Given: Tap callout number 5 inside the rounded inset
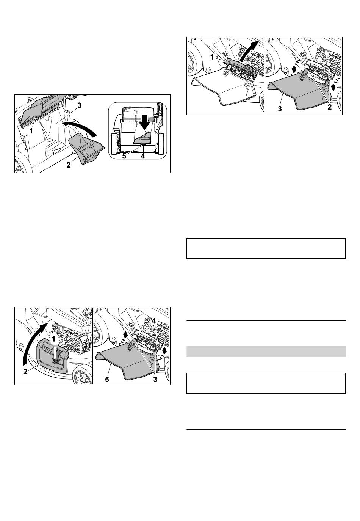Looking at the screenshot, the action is coord(124,156).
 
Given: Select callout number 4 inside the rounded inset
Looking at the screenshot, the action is coord(143,156).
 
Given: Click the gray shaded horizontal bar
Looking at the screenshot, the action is coord(266,352).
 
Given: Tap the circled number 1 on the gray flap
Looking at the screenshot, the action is coord(54,339).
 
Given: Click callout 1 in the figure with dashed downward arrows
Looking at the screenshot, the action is coord(212,56).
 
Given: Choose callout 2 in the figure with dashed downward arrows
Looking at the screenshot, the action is coord(330,107).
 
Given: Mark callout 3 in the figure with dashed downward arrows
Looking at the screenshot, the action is coord(280,108).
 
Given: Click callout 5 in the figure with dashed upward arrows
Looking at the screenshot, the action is coord(107,379).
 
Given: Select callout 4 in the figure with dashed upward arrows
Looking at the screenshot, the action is coord(153,321).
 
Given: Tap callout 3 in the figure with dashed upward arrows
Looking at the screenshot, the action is coord(155,379).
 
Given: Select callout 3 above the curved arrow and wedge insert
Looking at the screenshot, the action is coord(80,105).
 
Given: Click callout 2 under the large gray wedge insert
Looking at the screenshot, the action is coord(68,165).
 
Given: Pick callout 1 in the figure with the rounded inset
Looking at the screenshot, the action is coord(31,132).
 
